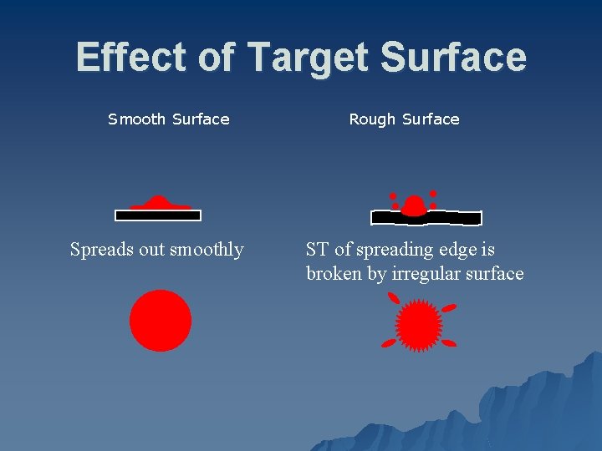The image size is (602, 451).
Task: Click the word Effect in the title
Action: click(x=129, y=58)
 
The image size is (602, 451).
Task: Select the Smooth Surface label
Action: click(x=169, y=119)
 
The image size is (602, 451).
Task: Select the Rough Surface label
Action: click(x=404, y=119)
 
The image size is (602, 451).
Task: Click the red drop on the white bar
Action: click(x=160, y=203)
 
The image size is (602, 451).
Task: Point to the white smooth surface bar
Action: click(x=158, y=215)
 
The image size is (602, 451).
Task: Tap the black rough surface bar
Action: click(x=451, y=218)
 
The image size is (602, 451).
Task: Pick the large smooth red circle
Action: click(x=161, y=321)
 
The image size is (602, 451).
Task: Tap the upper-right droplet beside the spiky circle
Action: click(x=449, y=308)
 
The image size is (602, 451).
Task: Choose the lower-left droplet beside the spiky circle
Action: click(x=388, y=342)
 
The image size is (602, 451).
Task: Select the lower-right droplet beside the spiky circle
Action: click(x=449, y=342)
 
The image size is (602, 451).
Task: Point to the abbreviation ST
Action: click(x=317, y=250)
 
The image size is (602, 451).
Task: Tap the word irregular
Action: click(x=425, y=274)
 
